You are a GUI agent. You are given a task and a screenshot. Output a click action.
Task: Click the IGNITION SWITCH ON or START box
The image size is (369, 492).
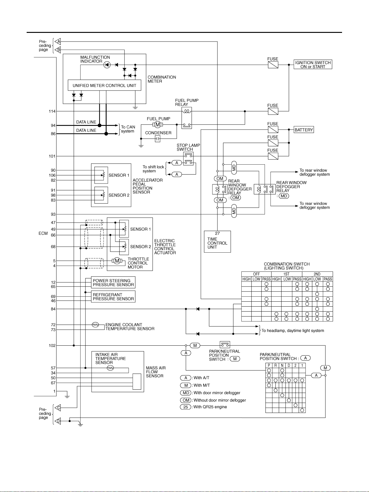point(313,64)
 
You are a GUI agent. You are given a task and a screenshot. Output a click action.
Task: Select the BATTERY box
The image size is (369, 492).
point(304,130)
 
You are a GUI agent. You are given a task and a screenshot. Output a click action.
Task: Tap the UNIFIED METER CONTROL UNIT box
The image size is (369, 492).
point(104,85)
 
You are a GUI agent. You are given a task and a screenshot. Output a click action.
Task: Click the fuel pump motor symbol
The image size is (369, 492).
point(158,124)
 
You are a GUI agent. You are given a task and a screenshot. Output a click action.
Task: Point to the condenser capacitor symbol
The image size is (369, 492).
point(158,139)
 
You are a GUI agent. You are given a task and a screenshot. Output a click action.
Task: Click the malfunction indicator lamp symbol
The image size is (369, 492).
point(107,65)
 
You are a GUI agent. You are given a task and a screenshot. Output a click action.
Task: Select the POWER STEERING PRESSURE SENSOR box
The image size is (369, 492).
point(113,282)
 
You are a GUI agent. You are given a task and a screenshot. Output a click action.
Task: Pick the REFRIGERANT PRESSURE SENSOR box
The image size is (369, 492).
point(113,297)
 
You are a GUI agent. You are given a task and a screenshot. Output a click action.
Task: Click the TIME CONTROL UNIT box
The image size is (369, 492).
point(217,242)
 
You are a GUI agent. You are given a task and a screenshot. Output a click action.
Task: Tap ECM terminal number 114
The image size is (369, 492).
point(52,111)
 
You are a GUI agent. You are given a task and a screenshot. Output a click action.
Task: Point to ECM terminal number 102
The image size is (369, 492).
point(52,345)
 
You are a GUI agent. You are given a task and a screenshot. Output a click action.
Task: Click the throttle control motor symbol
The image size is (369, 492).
point(117,261)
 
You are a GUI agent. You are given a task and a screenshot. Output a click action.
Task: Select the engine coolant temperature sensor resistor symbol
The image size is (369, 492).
point(95,325)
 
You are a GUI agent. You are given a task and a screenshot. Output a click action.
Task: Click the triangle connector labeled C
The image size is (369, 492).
point(58,408)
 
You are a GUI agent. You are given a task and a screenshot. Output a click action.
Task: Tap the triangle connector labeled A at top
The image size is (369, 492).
point(58,42)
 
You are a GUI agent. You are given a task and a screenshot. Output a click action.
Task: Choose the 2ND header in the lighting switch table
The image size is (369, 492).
point(317,274)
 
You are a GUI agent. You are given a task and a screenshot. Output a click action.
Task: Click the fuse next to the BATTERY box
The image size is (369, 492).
point(273,130)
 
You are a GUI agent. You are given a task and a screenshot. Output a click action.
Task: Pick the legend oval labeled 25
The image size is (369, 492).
point(186,407)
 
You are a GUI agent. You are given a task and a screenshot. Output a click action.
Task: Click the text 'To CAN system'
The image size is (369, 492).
point(128,129)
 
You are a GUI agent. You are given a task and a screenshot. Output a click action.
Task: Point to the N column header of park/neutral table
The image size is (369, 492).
point(282,366)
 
